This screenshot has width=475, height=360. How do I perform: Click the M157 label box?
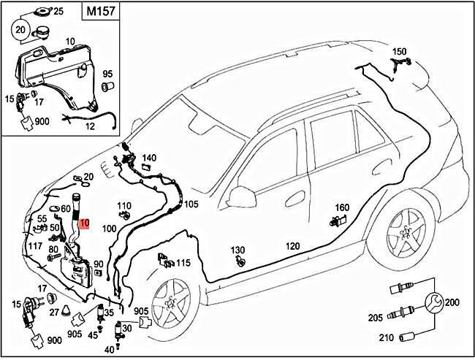point(100,12)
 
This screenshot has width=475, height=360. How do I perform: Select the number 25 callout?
point(58,12)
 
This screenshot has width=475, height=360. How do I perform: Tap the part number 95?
point(107,74)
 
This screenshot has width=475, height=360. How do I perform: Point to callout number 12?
point(91,126)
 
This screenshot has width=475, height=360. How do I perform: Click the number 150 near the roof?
point(399,52)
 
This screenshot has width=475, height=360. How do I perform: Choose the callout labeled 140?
point(149,158)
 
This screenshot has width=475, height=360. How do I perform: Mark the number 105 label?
point(191,204)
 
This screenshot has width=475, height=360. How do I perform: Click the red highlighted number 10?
point(84,223)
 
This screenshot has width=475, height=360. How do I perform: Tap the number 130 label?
point(238,250)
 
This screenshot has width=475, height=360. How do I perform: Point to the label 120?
point(292,246)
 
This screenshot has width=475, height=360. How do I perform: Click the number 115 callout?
point(183,263)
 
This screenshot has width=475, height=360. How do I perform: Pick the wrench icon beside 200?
point(433,301)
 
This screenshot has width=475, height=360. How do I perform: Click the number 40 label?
point(109,350)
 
